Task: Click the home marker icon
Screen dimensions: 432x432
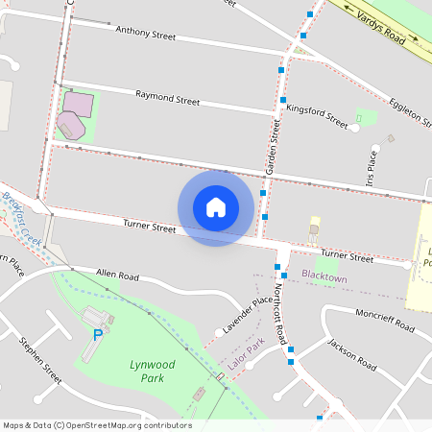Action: click(216, 206)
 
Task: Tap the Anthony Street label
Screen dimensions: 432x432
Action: click(145, 35)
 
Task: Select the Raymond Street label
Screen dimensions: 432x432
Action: click(167, 98)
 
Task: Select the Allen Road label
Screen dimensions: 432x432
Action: click(117, 276)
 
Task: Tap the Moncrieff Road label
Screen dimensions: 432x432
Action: click(384, 322)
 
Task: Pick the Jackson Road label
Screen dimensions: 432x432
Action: click(351, 353)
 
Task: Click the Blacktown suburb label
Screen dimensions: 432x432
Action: click(324, 276)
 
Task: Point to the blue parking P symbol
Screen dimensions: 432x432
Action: click(97, 334)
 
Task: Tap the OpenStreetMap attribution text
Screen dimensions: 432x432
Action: click(97, 425)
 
